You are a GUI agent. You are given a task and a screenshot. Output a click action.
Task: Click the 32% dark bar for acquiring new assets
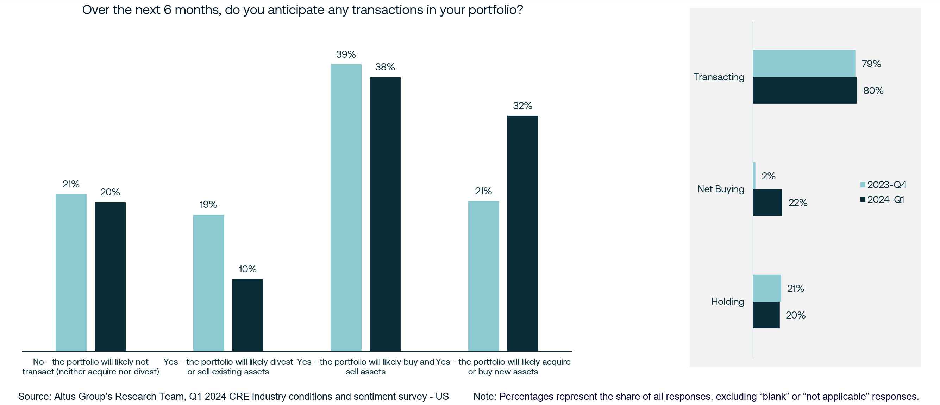[522, 233]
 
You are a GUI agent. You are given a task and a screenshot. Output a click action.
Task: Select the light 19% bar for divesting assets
[208, 283]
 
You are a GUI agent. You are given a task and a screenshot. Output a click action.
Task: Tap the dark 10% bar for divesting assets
[247, 315]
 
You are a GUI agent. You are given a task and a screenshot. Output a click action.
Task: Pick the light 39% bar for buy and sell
[346, 208]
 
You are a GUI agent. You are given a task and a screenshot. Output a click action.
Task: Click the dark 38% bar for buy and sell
[385, 214]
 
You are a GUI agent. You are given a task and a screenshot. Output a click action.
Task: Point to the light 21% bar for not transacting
[71, 272]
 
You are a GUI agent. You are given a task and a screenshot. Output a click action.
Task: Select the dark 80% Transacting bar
[804, 90]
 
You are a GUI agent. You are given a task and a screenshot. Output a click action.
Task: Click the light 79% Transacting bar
[803, 63]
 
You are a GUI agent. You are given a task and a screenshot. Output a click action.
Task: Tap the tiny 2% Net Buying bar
[754, 176]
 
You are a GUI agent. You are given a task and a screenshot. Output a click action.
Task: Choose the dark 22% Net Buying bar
[767, 202]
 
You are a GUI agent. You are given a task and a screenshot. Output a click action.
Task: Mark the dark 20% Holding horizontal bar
[766, 315]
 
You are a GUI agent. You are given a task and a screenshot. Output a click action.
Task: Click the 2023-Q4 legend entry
[883, 185]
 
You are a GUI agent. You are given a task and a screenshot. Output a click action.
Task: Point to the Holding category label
[727, 302]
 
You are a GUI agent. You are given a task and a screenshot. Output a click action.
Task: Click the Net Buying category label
[720, 189]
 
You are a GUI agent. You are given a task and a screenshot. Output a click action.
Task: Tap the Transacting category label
[719, 77]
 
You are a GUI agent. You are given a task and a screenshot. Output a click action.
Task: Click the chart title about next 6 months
[302, 10]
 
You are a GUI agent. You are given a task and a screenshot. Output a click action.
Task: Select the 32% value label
[522, 106]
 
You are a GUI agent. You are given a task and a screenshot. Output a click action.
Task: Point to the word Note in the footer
[484, 396]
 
